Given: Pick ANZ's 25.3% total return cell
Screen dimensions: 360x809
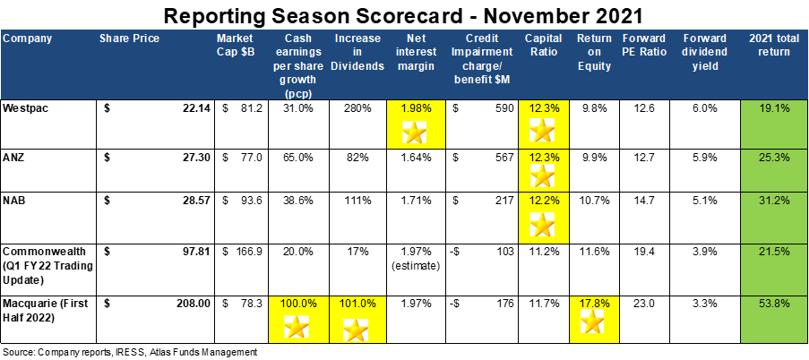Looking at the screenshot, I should point(775,156).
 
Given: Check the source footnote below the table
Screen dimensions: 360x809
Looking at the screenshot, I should point(129,352).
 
